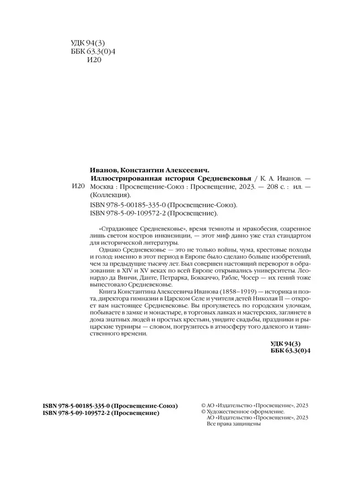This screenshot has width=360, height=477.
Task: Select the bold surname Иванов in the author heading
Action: pos(105,170)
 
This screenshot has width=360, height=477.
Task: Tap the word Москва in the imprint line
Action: pos(103,187)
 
